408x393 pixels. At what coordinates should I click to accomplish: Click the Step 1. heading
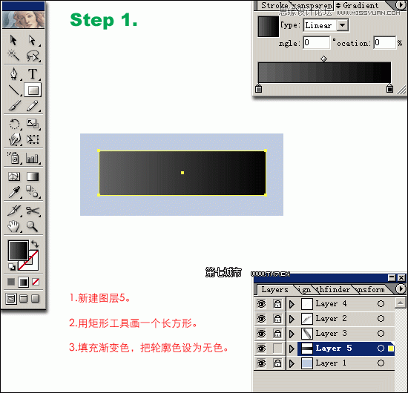pos(104,20)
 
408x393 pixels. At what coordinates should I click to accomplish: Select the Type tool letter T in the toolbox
pos(33,74)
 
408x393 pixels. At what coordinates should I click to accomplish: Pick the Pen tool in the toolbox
pos(14,74)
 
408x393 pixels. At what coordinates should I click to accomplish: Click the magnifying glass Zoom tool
pos(33,226)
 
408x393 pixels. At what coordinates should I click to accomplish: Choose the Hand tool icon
pos(14,226)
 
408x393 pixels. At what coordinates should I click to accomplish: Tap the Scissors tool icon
pos(33,211)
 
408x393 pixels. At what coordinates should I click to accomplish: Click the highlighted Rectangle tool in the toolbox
pos(33,90)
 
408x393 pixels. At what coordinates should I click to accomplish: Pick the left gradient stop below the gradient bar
pos(258,88)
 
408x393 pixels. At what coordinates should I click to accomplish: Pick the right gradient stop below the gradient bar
pos(390,88)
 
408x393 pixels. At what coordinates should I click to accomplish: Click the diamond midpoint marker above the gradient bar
pos(323,58)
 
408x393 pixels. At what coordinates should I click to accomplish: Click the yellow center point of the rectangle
pos(182,173)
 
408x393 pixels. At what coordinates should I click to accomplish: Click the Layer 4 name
pos(326,303)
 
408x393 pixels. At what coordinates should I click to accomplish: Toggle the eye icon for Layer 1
pos(261,363)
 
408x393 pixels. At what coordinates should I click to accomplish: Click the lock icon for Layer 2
pos(277,318)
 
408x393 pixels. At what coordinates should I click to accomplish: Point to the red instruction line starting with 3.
pos(148,347)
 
